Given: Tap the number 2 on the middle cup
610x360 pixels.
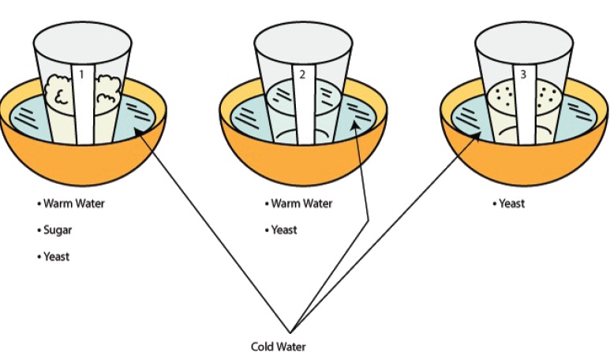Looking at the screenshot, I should pyautogui.click(x=301, y=75).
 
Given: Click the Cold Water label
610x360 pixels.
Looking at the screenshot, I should pyautogui.click(x=277, y=347).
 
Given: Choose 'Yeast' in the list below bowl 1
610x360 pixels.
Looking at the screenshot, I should pyautogui.click(x=56, y=257).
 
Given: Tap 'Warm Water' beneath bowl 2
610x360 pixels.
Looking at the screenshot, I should pyautogui.click(x=301, y=204).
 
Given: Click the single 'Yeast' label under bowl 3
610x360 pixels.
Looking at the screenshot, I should pyautogui.click(x=511, y=204).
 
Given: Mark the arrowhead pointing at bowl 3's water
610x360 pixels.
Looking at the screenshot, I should pyautogui.click(x=477, y=136).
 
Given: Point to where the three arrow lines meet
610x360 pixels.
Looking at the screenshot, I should pyautogui.click(x=291, y=330).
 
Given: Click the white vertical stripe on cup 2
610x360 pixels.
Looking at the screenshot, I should pyautogui.click(x=301, y=111).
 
